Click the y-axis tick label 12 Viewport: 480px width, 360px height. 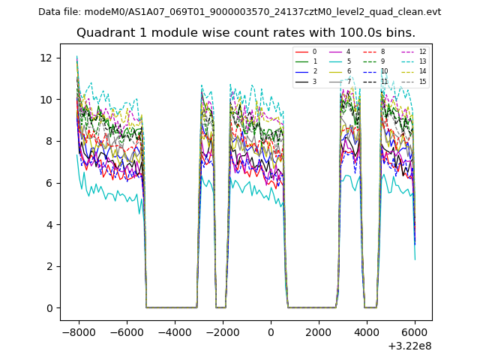[x=46, y=58]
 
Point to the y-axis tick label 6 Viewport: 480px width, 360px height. [x=48, y=183]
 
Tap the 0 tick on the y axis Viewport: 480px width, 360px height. [x=48, y=308]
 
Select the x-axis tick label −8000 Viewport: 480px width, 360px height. [x=79, y=331]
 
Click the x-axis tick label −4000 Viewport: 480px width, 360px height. [x=175, y=331]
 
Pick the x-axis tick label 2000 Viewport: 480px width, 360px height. [x=319, y=331]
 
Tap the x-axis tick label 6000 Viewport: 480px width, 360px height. [x=415, y=331]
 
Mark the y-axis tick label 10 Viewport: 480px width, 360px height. [x=46, y=100]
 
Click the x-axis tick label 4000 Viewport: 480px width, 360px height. [x=367, y=331]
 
